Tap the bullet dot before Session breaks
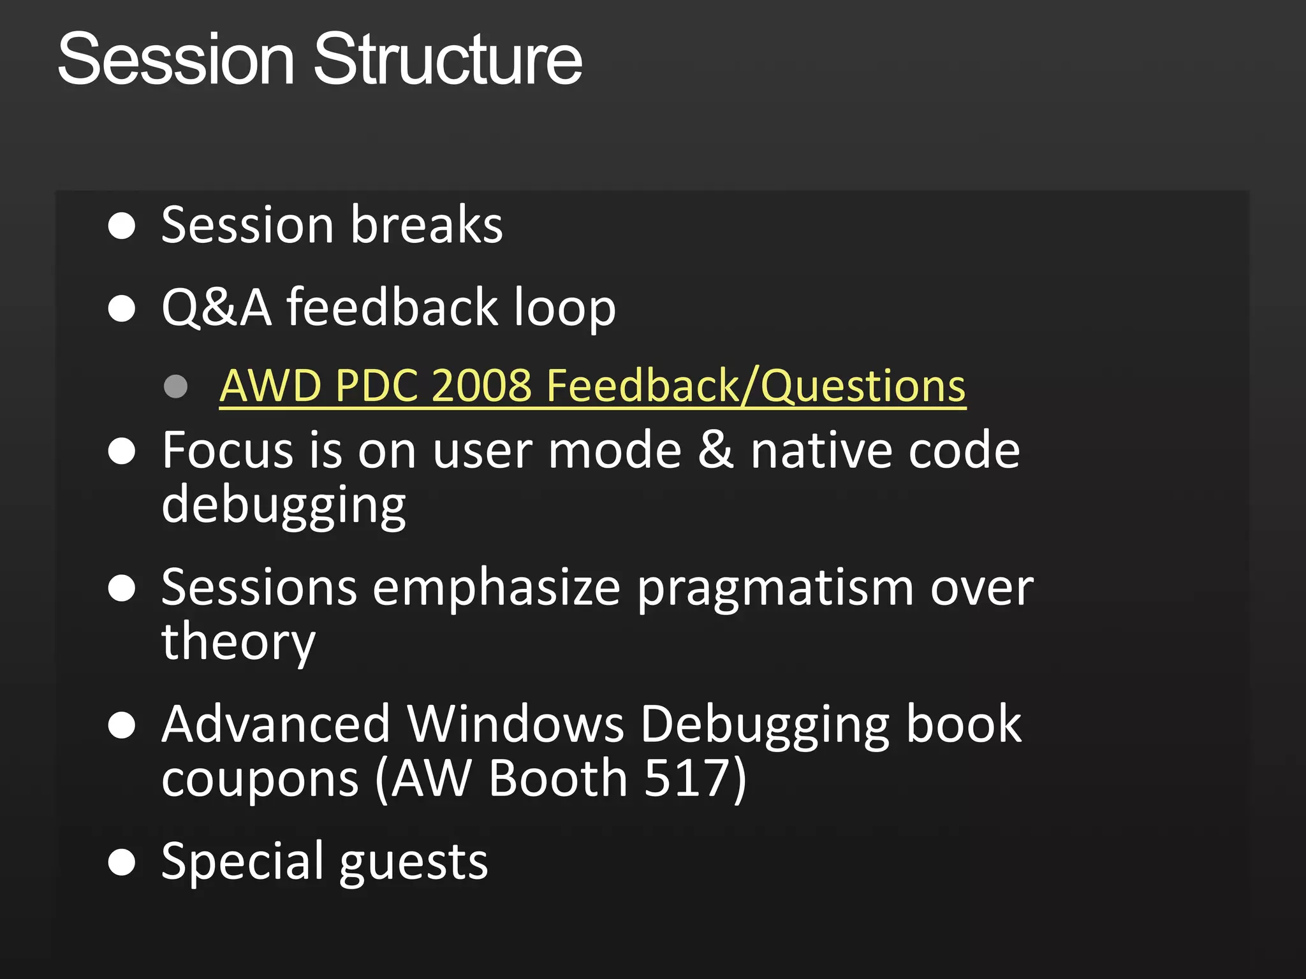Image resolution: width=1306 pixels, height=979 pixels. click(122, 226)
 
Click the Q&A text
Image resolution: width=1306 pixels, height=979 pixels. click(216, 307)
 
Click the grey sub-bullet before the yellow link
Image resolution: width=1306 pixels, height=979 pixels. click(175, 386)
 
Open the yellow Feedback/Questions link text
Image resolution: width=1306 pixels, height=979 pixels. click(756, 386)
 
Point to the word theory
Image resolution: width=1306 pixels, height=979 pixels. click(238, 642)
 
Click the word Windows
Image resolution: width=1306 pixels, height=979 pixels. click(515, 724)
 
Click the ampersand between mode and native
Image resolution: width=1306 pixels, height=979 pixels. click(715, 450)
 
